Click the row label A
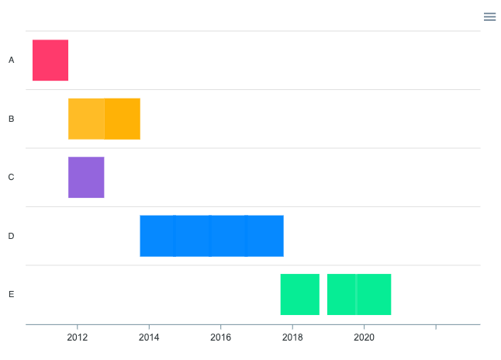11,60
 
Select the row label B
11,119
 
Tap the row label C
11,177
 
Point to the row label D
11,236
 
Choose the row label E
11,294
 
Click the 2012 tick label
78,337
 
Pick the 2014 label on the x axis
149,337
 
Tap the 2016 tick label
221,337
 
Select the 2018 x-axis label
292,337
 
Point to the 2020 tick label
365,337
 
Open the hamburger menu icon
489,16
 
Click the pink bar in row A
50,60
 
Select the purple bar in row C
86,177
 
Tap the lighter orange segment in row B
86,119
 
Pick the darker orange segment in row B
123,119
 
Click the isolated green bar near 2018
300,294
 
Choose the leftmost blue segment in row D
157,236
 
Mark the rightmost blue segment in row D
265,236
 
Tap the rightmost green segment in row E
374,294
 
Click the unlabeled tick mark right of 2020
436,327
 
